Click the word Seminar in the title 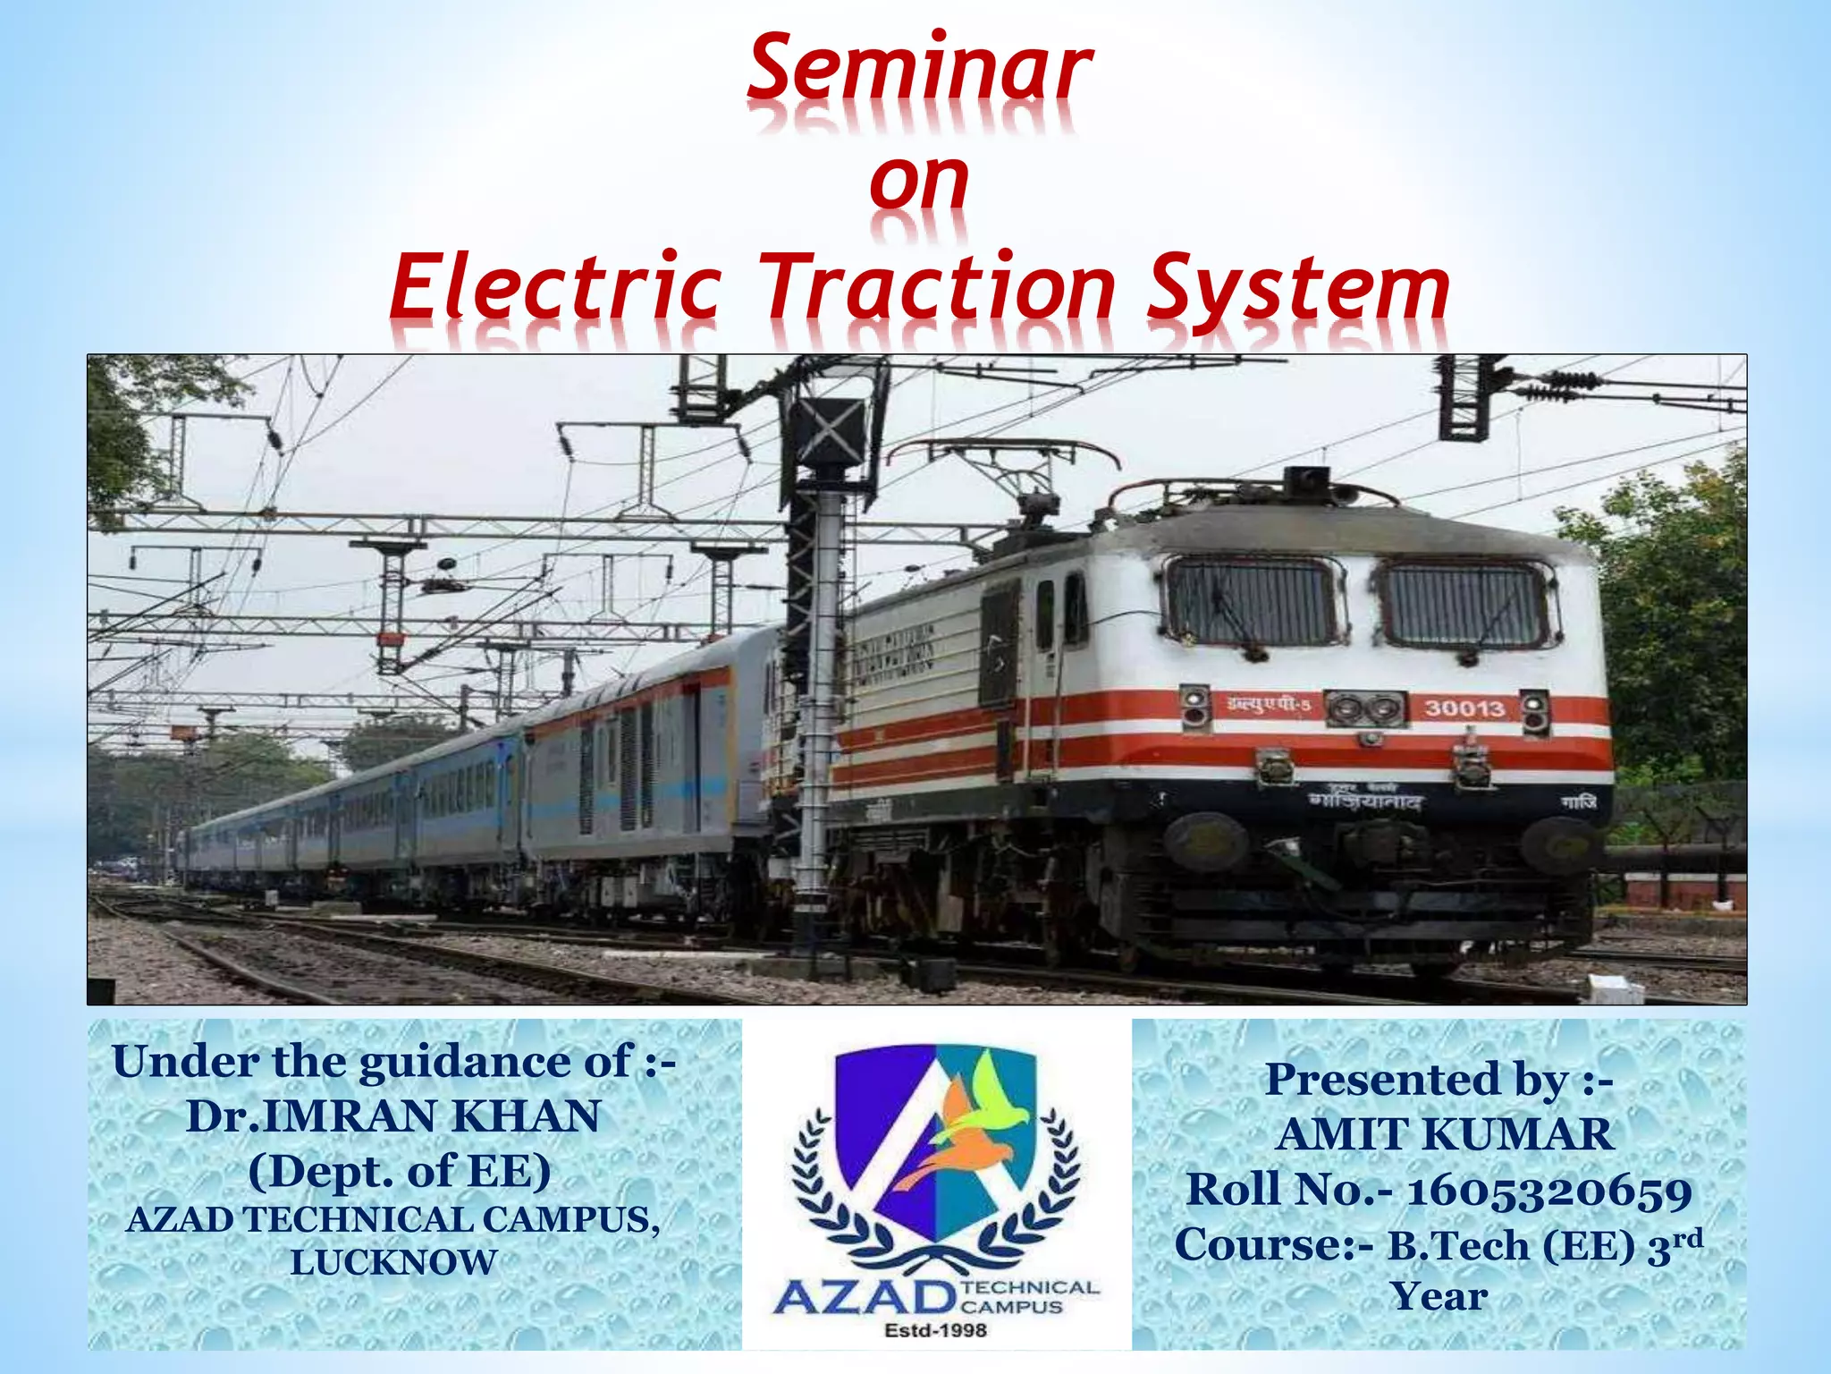pos(919,69)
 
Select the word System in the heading pos(1298,288)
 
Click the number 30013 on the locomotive pos(1464,708)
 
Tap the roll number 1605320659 pos(1549,1192)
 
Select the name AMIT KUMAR pos(1444,1134)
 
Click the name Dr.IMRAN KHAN pos(393,1116)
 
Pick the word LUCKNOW pos(393,1262)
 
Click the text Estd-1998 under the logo pos(935,1330)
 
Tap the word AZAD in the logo pos(863,1295)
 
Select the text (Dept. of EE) pos(400,1171)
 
